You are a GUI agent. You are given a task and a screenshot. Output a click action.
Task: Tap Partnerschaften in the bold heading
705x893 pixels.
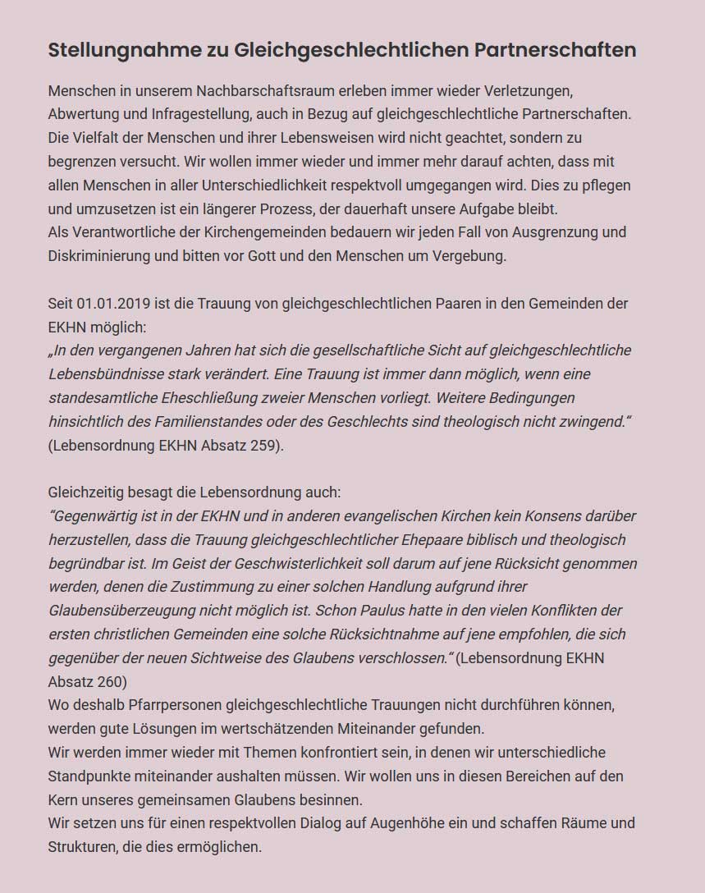[555, 50]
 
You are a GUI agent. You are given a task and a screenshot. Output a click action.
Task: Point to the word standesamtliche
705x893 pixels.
[100, 398]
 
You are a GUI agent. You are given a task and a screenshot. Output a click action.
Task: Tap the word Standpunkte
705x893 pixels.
[90, 776]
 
